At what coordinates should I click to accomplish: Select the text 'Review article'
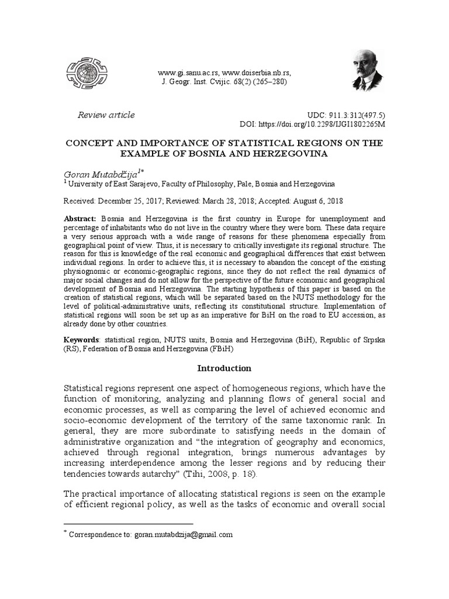tap(106, 115)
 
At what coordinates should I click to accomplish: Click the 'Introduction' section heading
tap(224, 369)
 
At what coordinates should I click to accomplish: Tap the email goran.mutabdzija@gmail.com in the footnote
tap(184, 535)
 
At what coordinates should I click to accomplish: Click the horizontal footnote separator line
tap(128, 524)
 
